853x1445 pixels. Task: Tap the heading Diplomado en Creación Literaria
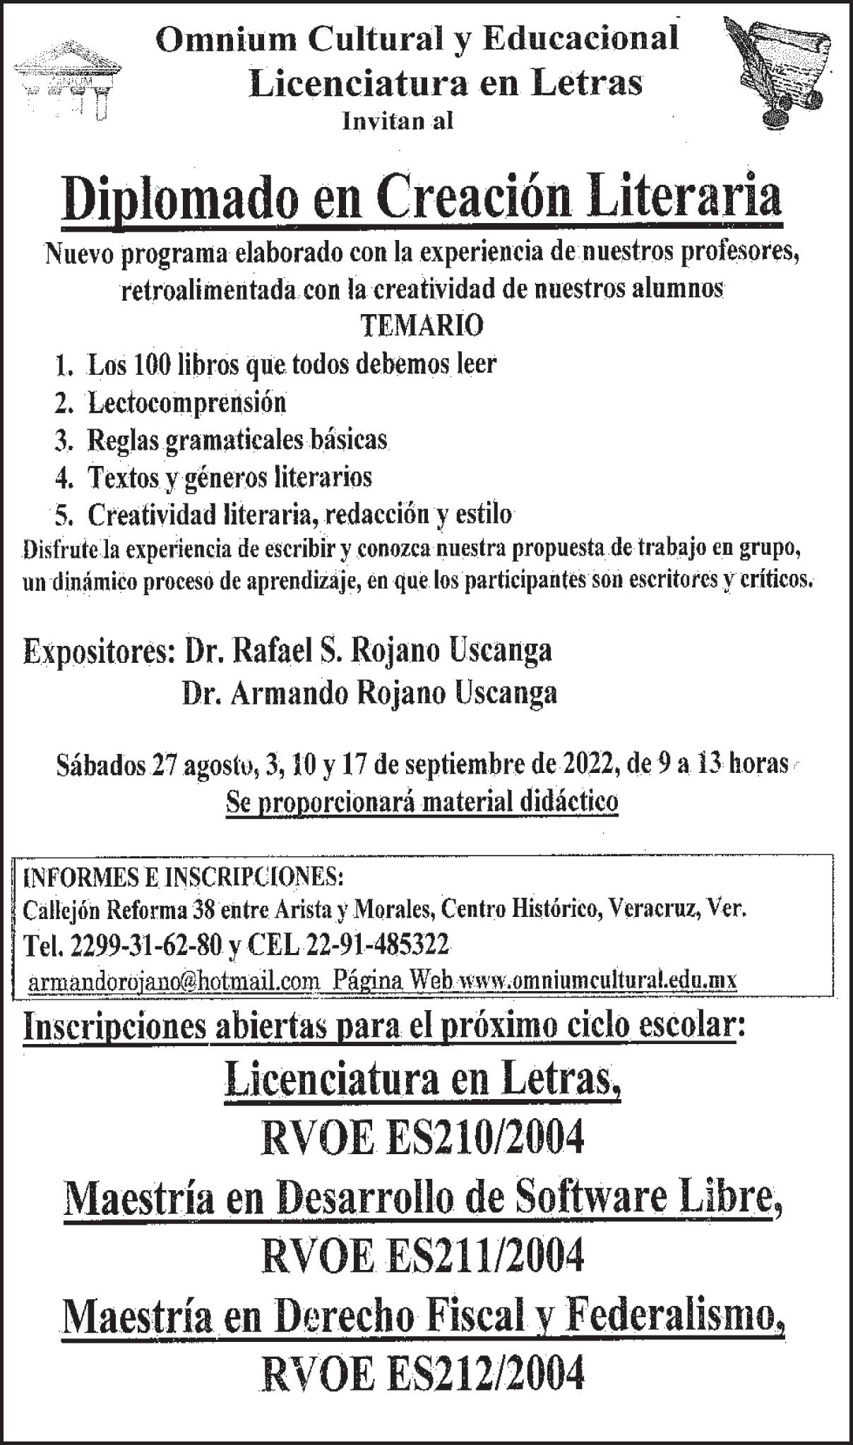(x=422, y=200)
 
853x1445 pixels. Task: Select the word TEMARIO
(x=422, y=326)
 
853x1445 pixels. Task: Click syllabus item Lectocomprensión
(x=186, y=403)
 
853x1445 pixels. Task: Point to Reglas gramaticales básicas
(x=237, y=440)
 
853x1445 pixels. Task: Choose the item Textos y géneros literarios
(x=229, y=478)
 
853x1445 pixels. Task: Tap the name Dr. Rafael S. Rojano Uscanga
(x=368, y=650)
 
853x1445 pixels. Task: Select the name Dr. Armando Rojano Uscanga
(x=369, y=693)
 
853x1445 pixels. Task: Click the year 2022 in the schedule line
(x=583, y=764)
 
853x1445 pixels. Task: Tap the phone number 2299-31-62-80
(x=146, y=945)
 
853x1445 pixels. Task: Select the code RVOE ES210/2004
(x=422, y=1137)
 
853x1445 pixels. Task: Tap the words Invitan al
(x=397, y=121)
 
